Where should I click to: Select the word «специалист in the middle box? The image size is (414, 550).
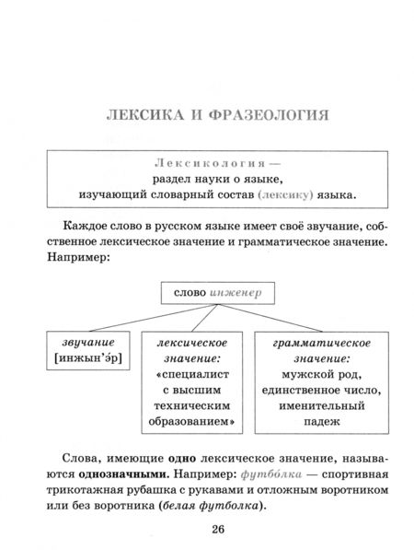[x=193, y=377]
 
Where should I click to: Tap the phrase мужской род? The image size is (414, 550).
[x=313, y=377]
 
